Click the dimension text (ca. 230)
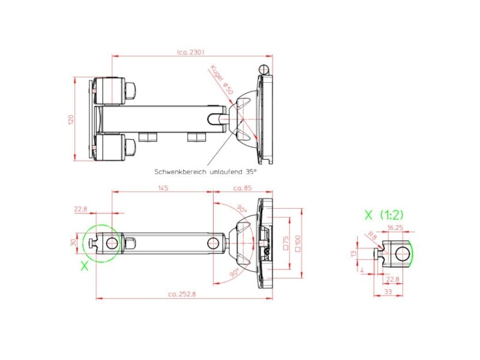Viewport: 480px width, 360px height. point(191,52)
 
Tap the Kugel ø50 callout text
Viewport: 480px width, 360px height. point(221,79)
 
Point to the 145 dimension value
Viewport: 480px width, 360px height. point(163,187)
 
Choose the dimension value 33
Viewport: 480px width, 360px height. point(388,292)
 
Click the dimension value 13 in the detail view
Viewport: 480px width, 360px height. point(354,253)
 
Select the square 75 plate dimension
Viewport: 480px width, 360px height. point(285,242)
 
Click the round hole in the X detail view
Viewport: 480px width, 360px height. point(401,254)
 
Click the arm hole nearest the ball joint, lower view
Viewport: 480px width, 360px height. point(214,243)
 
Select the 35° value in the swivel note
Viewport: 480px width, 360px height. point(251,171)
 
